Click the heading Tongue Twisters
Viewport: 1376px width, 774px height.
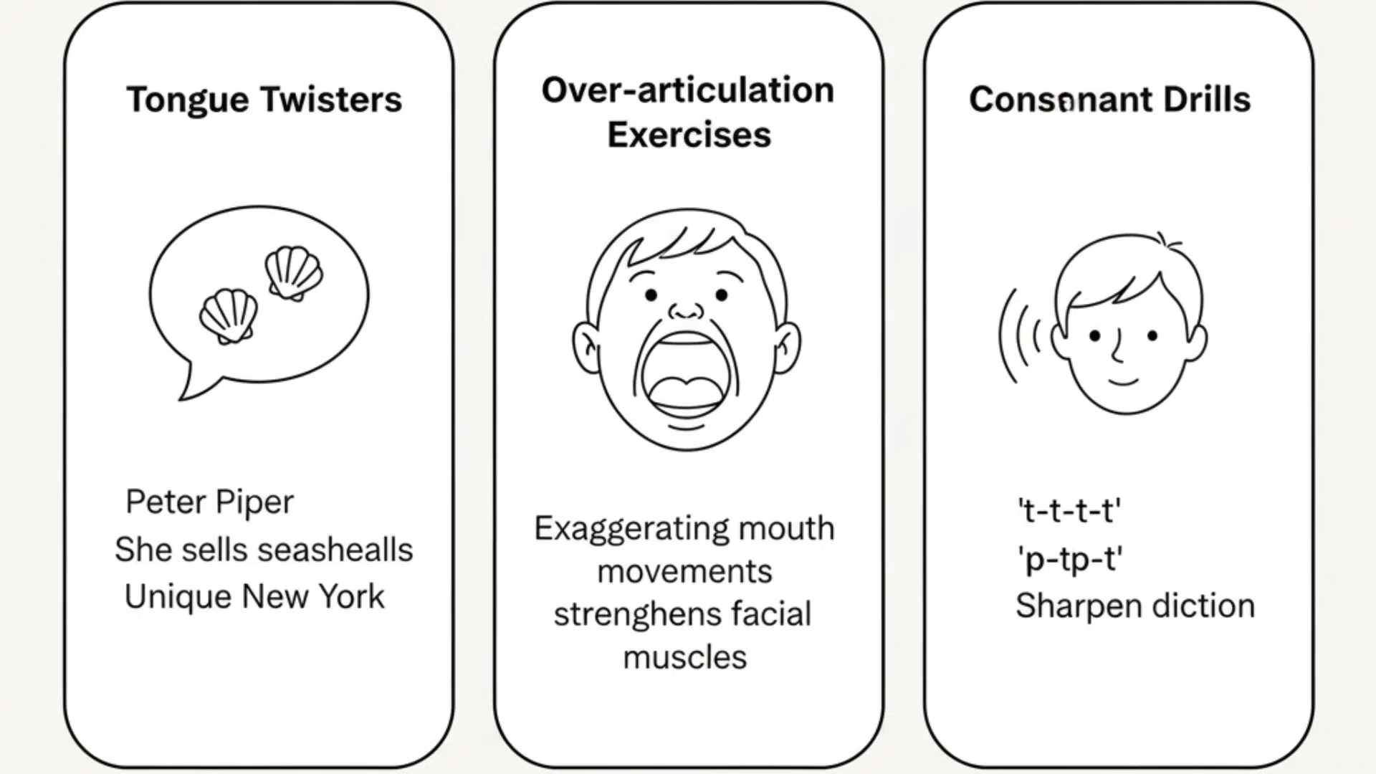(x=264, y=100)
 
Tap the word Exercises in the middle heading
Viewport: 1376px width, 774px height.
(x=689, y=135)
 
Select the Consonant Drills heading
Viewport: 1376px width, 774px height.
(x=1109, y=100)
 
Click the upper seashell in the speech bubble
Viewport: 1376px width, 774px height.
(x=293, y=272)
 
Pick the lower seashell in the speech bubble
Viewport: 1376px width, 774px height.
(x=228, y=316)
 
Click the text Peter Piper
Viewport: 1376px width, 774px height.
(x=209, y=502)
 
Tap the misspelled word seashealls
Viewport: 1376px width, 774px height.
(x=335, y=550)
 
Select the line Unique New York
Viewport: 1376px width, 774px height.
(x=254, y=596)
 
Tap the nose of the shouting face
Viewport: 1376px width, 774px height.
(x=687, y=310)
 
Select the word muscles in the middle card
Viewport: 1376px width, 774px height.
(x=684, y=657)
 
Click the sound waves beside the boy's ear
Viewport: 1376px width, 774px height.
(x=1019, y=335)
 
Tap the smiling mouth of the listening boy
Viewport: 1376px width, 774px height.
(x=1123, y=381)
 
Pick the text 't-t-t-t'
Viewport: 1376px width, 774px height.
(x=1069, y=511)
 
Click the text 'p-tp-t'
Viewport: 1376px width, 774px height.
(x=1069, y=559)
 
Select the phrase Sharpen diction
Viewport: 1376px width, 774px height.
(x=1134, y=606)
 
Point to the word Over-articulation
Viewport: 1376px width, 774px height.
(x=687, y=90)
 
